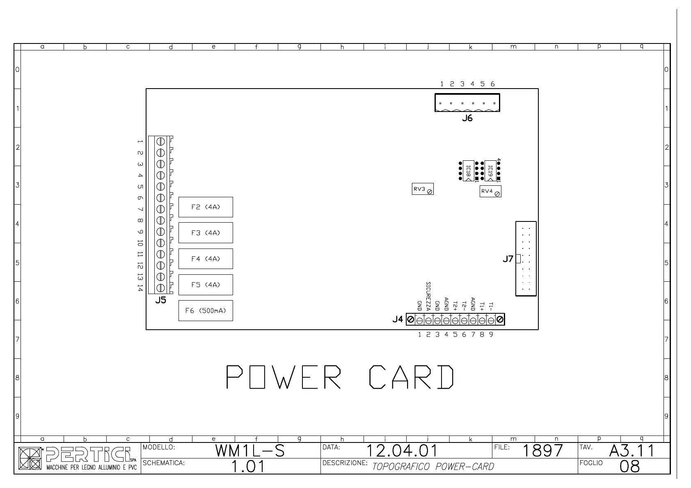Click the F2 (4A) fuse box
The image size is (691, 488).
(206, 207)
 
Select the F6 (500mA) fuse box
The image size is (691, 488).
(206, 311)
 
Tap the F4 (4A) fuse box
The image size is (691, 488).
(206, 259)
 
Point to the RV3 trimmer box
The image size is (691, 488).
(423, 189)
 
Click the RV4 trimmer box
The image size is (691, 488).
(490, 192)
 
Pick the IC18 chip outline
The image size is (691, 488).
(468, 171)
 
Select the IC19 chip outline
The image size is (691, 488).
(490, 171)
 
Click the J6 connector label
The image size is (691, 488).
(467, 119)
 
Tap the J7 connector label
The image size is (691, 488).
(508, 259)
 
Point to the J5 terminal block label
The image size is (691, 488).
(160, 301)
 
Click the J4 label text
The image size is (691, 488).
(398, 319)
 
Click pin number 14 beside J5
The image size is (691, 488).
(140, 288)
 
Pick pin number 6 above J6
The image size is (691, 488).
(492, 84)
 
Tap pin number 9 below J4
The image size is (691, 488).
(491, 335)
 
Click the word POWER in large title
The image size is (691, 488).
(284, 377)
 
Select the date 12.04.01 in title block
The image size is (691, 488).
(402, 451)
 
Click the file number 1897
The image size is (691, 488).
(542, 451)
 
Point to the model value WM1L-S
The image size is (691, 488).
(250, 451)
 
